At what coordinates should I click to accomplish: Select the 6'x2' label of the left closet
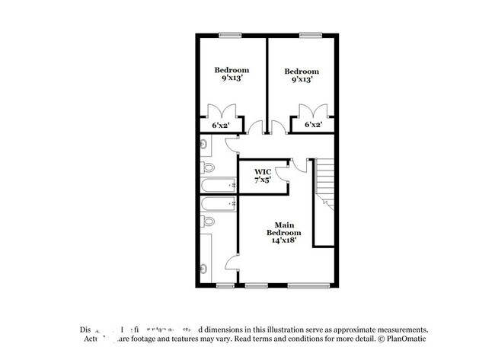[x=221, y=125]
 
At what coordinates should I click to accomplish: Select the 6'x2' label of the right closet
[x=313, y=125]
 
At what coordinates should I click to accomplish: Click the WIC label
[x=262, y=173]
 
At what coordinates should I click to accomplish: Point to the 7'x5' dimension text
[x=263, y=181]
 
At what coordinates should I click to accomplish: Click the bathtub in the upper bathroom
[x=219, y=186]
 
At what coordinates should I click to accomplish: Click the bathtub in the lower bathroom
[x=219, y=203]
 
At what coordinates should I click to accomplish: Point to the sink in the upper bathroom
[x=203, y=143]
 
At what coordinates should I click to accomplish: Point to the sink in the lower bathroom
[x=203, y=267]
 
